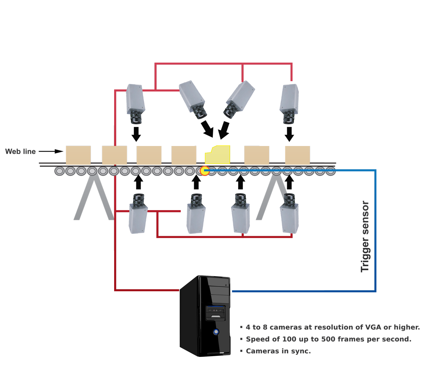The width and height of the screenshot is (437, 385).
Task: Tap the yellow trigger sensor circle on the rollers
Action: click(204, 171)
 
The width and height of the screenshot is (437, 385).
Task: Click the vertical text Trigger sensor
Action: click(365, 236)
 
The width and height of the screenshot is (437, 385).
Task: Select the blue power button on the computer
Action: click(216, 332)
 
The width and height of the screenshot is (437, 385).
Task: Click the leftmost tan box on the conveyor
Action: click(78, 155)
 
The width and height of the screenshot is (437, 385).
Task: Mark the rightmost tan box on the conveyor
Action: click(297, 155)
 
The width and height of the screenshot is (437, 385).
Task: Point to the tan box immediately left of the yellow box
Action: click(184, 155)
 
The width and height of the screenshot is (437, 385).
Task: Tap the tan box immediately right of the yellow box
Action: click(257, 155)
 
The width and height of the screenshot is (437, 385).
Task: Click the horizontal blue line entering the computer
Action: click(278, 291)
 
